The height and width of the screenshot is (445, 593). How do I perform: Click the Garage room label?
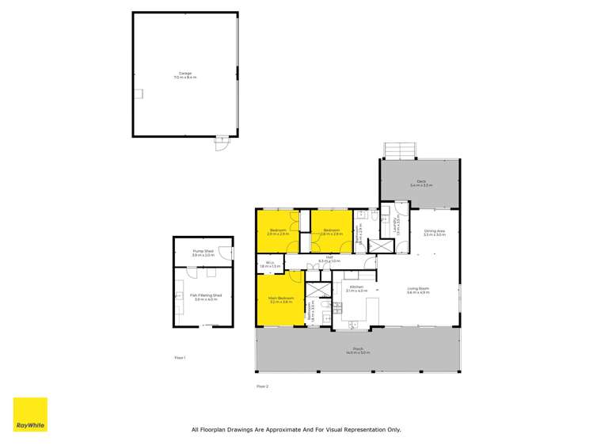click(184, 75)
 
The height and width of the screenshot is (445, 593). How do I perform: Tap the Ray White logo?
click(30, 415)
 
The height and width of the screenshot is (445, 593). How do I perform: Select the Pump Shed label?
click(203, 253)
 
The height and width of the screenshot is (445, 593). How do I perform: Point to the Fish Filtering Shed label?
click(206, 296)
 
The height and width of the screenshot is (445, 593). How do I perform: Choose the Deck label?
click(419, 184)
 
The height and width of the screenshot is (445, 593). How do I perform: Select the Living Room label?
click(418, 290)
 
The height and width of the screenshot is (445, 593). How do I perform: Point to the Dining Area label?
click(435, 233)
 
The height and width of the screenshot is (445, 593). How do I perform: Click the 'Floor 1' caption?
click(180, 358)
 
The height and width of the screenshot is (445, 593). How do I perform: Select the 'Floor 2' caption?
click(263, 386)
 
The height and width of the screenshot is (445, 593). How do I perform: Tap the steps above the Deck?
click(399, 150)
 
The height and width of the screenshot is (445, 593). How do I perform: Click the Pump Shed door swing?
click(226, 254)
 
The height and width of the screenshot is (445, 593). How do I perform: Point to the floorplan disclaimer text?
click(296, 430)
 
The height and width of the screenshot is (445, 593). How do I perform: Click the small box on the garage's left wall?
click(138, 93)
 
